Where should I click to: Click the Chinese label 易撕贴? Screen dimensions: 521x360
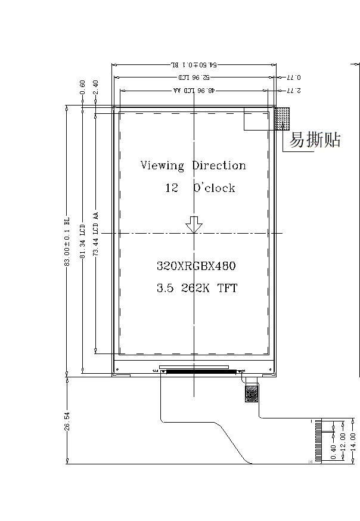(315, 140)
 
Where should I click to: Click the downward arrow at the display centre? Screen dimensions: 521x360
(194, 224)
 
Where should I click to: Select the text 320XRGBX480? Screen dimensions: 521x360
(191, 266)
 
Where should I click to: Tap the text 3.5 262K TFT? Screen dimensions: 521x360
(197, 289)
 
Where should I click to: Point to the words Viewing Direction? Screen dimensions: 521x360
(193, 165)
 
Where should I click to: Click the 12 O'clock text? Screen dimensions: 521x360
(200, 188)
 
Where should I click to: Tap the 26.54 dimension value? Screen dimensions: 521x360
(67, 421)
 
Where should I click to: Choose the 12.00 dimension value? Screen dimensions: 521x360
(342, 442)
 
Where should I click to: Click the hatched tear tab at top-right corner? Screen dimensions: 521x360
(283, 118)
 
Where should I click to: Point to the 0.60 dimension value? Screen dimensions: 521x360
(82, 87)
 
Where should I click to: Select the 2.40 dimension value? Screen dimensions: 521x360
(95, 87)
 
